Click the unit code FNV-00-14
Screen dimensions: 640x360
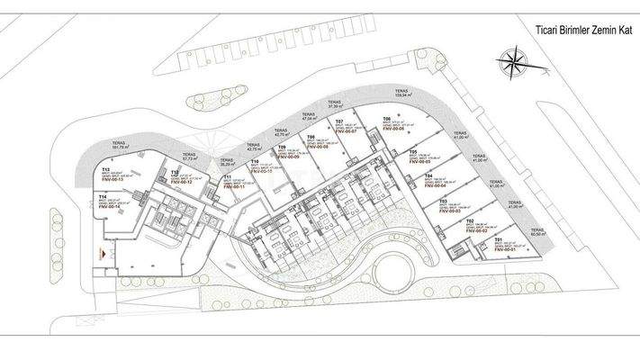click(113, 206)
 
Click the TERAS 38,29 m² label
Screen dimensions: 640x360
click(228, 162)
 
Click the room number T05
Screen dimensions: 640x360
click(412, 151)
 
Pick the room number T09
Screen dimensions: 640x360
click(282, 147)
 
